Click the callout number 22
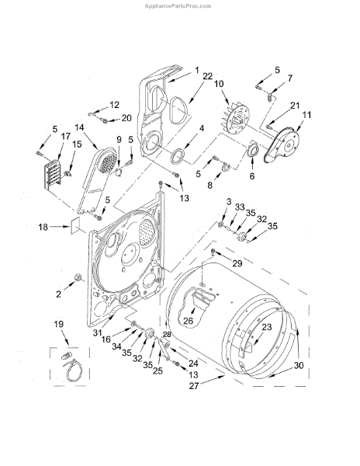(208, 76)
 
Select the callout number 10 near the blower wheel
(219, 84)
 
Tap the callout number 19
(59, 324)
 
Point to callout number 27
(194, 386)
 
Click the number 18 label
(43, 227)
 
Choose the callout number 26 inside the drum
(188, 321)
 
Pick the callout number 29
(237, 263)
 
